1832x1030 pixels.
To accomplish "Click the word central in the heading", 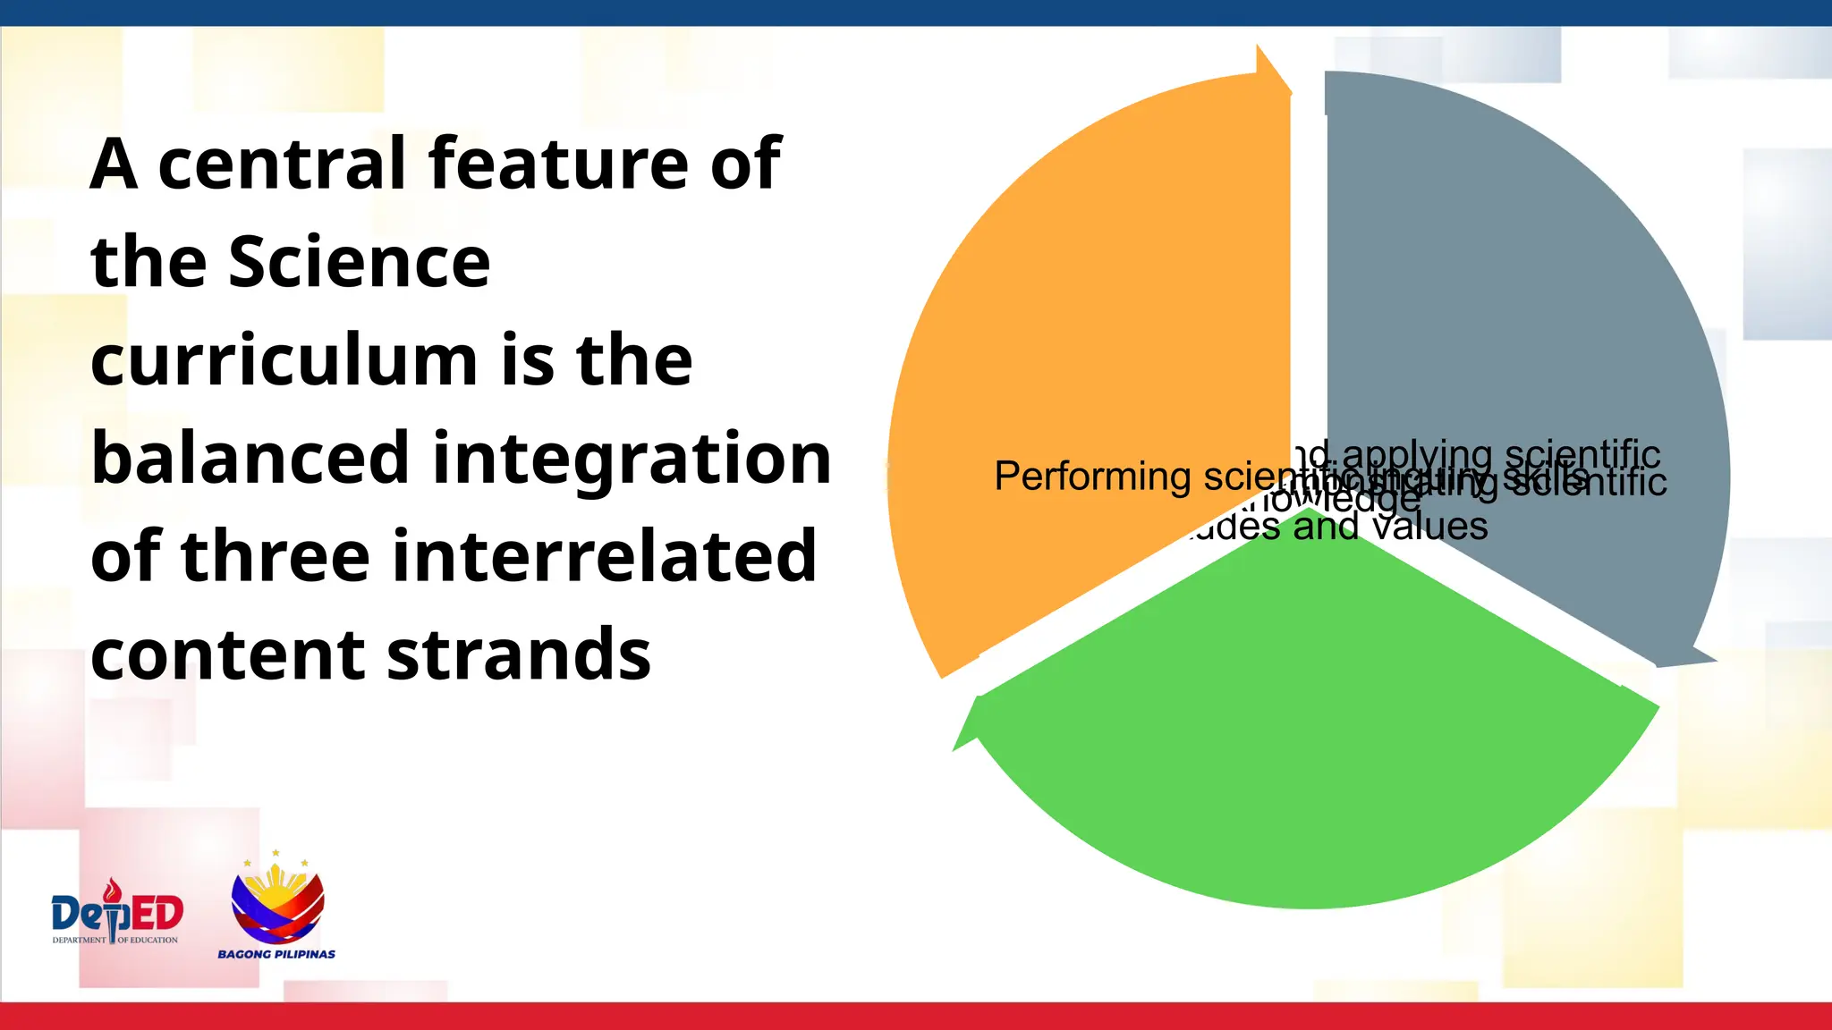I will point(283,165).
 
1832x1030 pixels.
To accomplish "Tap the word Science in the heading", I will point(359,262).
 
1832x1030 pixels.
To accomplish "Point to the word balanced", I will point(250,458).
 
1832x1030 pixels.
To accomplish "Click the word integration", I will point(632,460).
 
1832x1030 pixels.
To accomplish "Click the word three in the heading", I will point(275,556).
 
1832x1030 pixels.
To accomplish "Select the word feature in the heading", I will point(558,165).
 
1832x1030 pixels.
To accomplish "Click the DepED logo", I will point(117,914).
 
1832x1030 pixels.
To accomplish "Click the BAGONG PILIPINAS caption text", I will point(276,954).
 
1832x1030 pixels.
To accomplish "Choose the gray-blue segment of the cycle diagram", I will point(1521,313).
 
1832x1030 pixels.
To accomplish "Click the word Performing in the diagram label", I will point(1091,477).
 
